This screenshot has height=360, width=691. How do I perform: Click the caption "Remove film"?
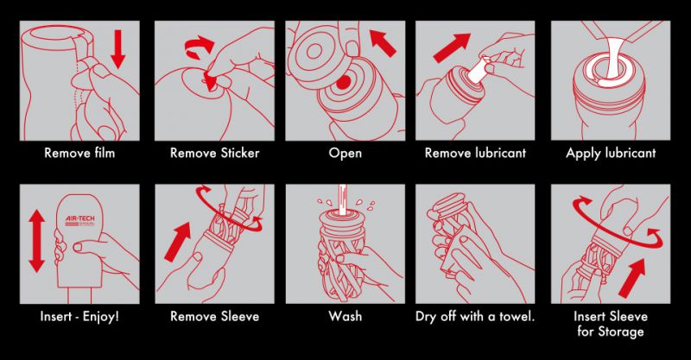point(79,153)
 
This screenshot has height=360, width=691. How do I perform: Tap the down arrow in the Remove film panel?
point(118,49)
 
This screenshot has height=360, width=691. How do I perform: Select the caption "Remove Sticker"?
point(214,153)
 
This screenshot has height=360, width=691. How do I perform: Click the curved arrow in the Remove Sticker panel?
point(200,47)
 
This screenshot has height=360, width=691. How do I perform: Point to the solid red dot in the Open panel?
point(343,82)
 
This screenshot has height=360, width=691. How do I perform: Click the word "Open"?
point(345,154)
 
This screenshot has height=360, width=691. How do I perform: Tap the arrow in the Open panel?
point(383,43)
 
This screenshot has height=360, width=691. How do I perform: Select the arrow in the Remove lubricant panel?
point(451,47)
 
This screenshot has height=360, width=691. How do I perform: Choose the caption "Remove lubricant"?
point(476,153)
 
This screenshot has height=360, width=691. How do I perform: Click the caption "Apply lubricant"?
point(611,154)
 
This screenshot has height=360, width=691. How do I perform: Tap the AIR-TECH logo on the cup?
point(80,220)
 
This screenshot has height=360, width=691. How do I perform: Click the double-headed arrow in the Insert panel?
point(36,241)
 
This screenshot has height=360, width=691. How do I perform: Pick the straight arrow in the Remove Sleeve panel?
point(178,242)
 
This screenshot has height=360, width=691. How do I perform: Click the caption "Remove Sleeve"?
point(214,316)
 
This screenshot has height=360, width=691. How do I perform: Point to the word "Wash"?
point(345,316)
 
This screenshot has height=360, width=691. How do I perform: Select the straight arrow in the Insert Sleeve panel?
point(632,278)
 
